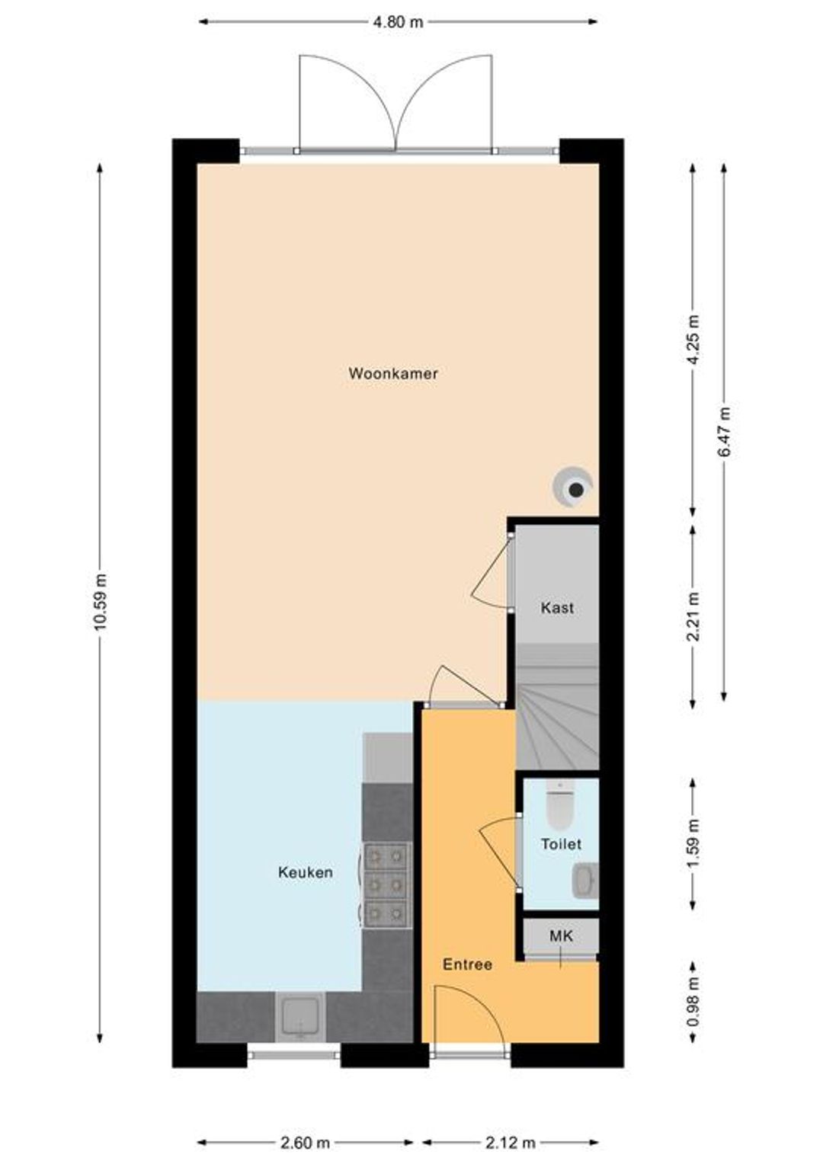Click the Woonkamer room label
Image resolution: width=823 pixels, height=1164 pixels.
tap(392, 373)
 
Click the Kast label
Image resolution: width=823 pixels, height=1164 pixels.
tap(557, 607)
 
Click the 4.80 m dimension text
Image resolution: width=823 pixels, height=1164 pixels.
tap(399, 22)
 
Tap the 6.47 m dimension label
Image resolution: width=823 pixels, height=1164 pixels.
tap(724, 430)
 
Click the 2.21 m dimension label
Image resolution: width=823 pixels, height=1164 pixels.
tap(693, 617)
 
